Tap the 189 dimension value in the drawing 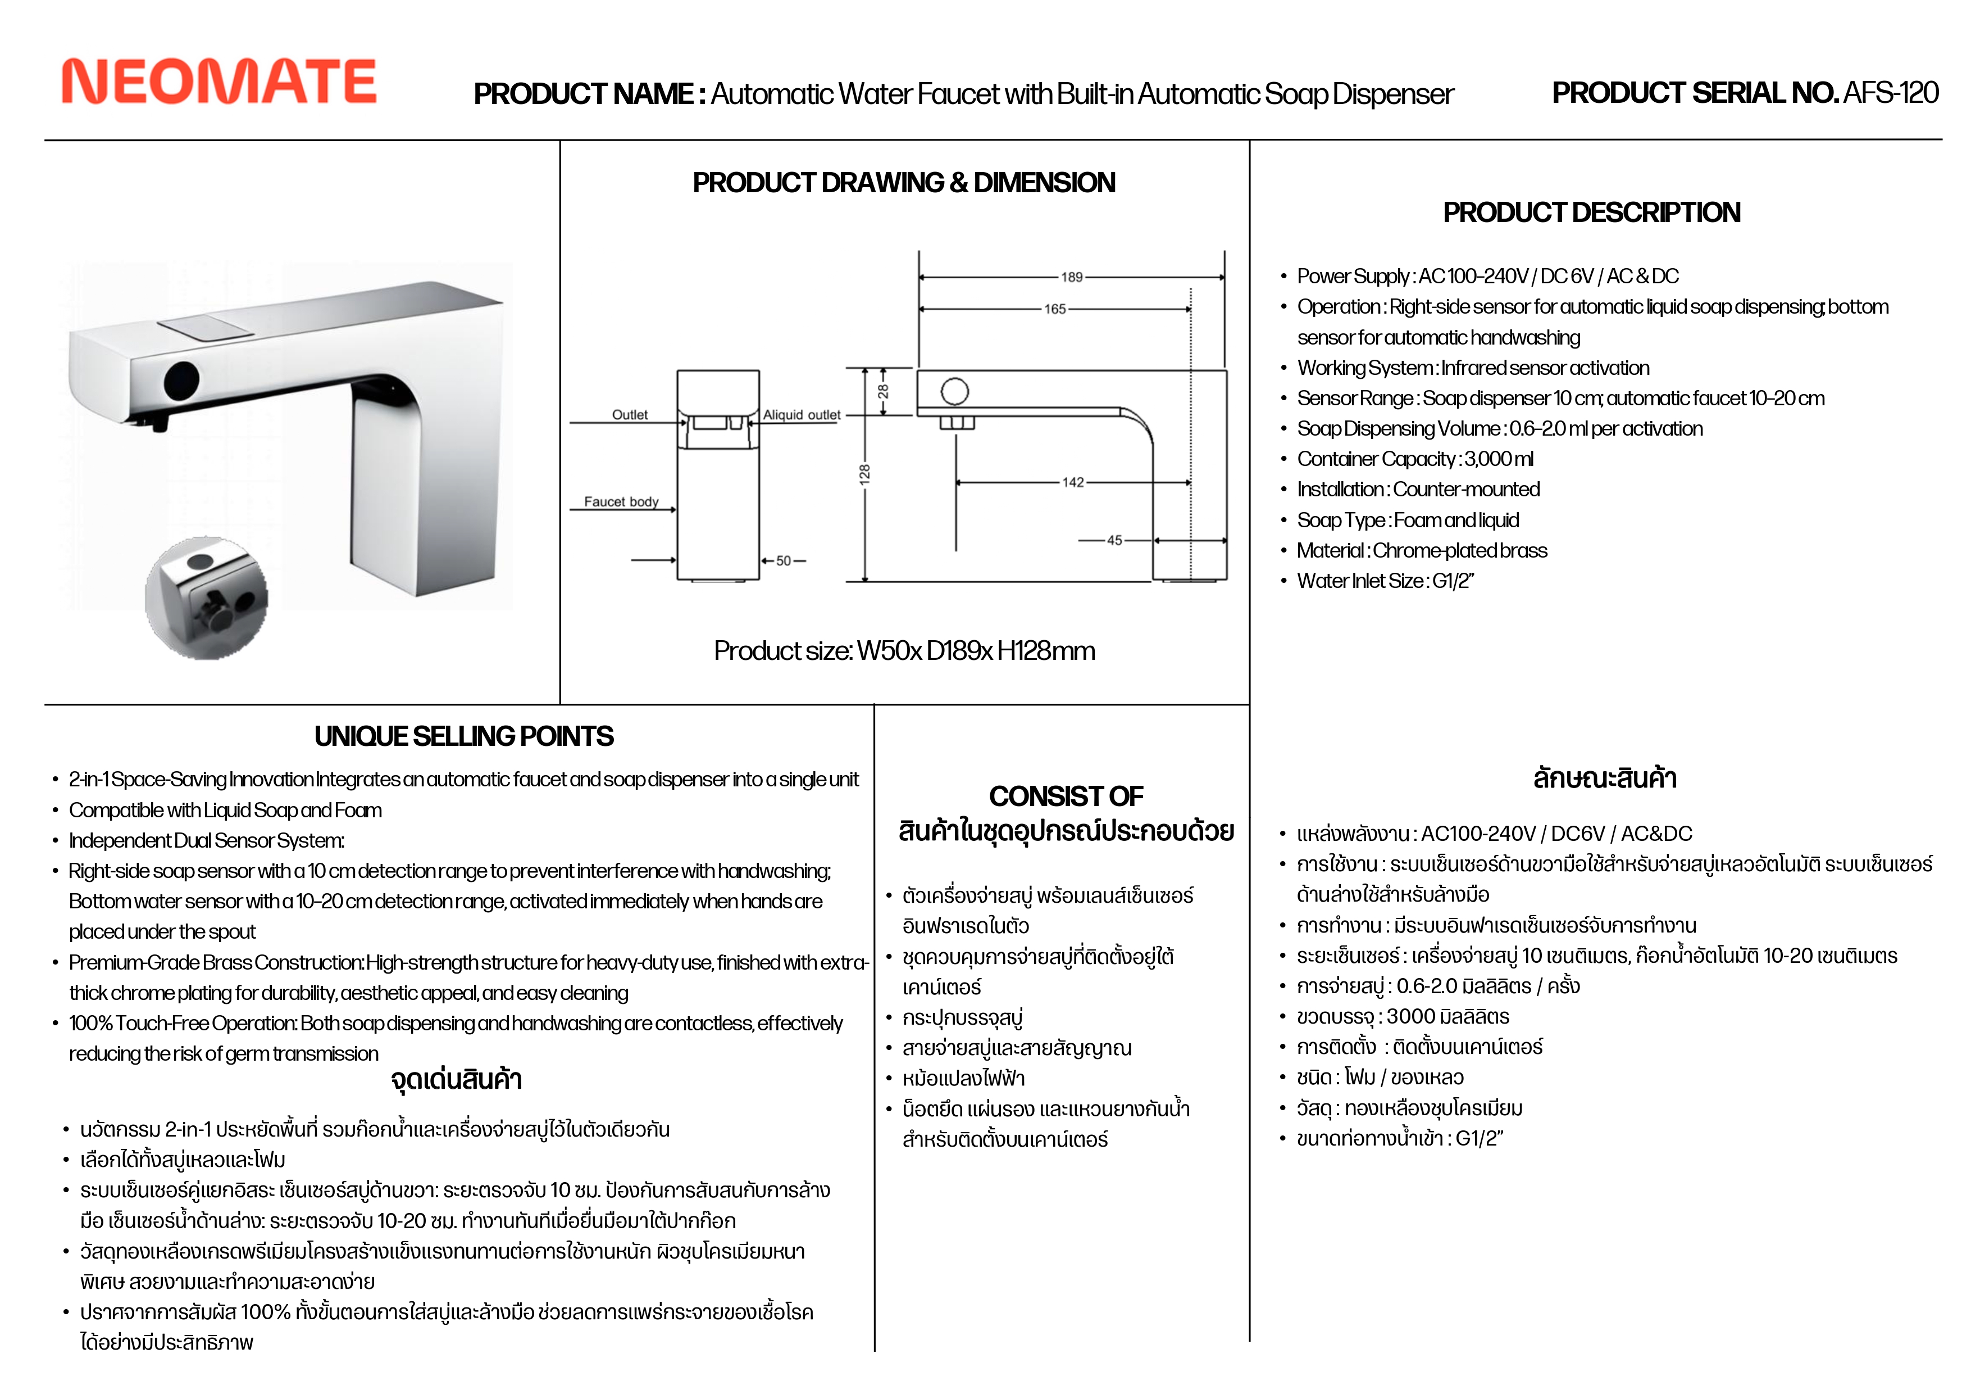pyautogui.click(x=1071, y=278)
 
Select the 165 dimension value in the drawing pyautogui.click(x=1054, y=309)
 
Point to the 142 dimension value pyautogui.click(x=1072, y=483)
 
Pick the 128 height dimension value pyautogui.click(x=864, y=473)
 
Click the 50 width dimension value pyautogui.click(x=783, y=561)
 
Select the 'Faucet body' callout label pyautogui.click(x=621, y=501)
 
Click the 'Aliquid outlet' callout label pyautogui.click(x=802, y=415)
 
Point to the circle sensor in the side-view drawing pyautogui.click(x=954, y=392)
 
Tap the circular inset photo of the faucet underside pyautogui.click(x=206, y=598)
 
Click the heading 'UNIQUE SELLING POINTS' pyautogui.click(x=463, y=736)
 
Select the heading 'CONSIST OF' pyautogui.click(x=1066, y=796)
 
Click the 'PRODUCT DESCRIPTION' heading pyautogui.click(x=1591, y=212)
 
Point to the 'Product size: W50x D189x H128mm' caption pyautogui.click(x=904, y=651)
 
